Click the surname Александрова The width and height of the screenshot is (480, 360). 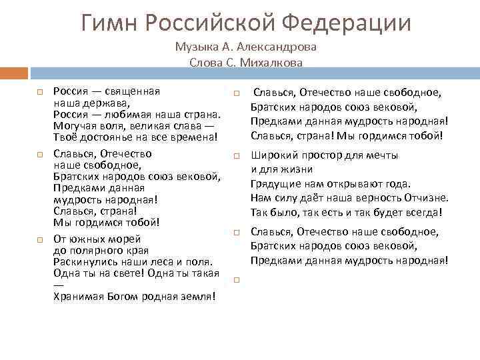coord(275,48)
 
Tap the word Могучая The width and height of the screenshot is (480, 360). coord(75,126)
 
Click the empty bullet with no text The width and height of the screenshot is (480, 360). coord(237,281)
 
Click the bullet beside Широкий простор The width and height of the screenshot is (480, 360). coord(237,155)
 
